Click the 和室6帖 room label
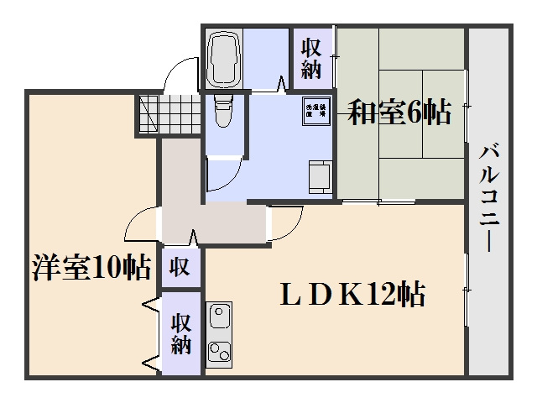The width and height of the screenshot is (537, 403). click(x=399, y=113)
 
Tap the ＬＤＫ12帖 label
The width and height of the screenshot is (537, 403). click(x=352, y=295)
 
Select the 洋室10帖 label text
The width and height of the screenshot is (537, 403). click(x=91, y=268)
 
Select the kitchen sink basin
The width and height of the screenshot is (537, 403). click(x=219, y=317)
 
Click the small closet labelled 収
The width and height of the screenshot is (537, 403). click(x=180, y=268)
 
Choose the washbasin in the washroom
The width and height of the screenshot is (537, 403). click(x=319, y=177)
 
